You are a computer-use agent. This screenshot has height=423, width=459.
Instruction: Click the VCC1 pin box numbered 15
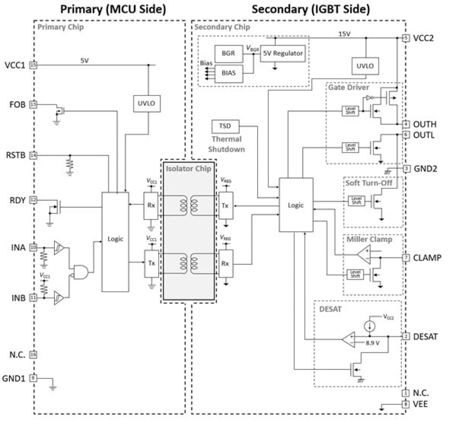point(33,65)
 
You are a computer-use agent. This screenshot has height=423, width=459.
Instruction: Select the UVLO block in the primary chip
point(146,103)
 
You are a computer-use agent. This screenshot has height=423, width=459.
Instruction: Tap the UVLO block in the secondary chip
point(365,66)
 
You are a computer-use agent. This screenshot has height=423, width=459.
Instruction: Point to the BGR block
point(228,53)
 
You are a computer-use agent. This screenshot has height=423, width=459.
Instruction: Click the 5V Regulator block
point(282,53)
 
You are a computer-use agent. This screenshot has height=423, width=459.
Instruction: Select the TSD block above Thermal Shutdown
point(225,126)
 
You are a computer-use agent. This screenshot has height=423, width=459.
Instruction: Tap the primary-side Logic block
point(115,241)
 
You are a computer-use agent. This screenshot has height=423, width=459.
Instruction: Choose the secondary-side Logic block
point(296,205)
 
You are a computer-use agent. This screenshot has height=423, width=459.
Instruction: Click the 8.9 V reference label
point(372,343)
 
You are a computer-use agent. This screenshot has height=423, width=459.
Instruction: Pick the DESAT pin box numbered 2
point(405,336)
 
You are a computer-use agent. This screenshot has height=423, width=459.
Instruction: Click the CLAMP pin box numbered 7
point(406,258)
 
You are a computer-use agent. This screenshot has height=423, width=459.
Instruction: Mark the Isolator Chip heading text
point(188,169)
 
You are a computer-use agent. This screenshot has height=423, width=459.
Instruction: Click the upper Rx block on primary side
point(151,206)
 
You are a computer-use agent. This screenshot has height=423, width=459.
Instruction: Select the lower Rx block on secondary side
point(225,263)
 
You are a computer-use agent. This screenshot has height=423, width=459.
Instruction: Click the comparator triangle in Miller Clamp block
point(364,255)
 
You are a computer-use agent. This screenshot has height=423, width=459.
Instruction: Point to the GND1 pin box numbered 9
point(33,378)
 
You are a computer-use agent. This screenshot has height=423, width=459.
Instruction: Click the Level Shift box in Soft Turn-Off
point(356,201)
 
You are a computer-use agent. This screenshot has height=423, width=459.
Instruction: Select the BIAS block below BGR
point(228,73)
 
